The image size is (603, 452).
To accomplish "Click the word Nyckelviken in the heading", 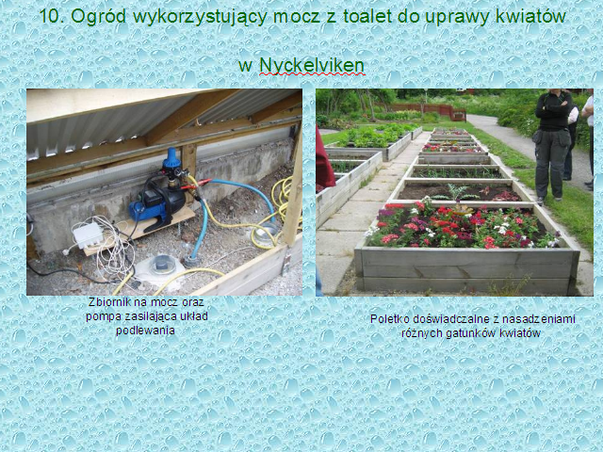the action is click(x=312, y=65).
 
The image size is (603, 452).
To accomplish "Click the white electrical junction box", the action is click(x=88, y=235).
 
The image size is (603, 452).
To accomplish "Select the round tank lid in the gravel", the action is click(x=162, y=265).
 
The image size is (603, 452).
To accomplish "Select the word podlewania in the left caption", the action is click(x=145, y=331).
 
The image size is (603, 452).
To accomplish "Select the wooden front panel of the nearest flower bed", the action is click(x=467, y=271).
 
